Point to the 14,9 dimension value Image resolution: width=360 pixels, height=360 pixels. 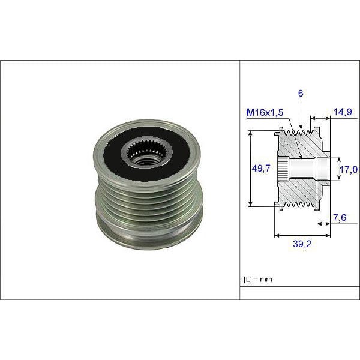pos(343,112)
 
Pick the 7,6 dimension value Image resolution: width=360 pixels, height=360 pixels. pos(340,218)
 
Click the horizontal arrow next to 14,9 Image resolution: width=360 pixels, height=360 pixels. pos(320,118)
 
